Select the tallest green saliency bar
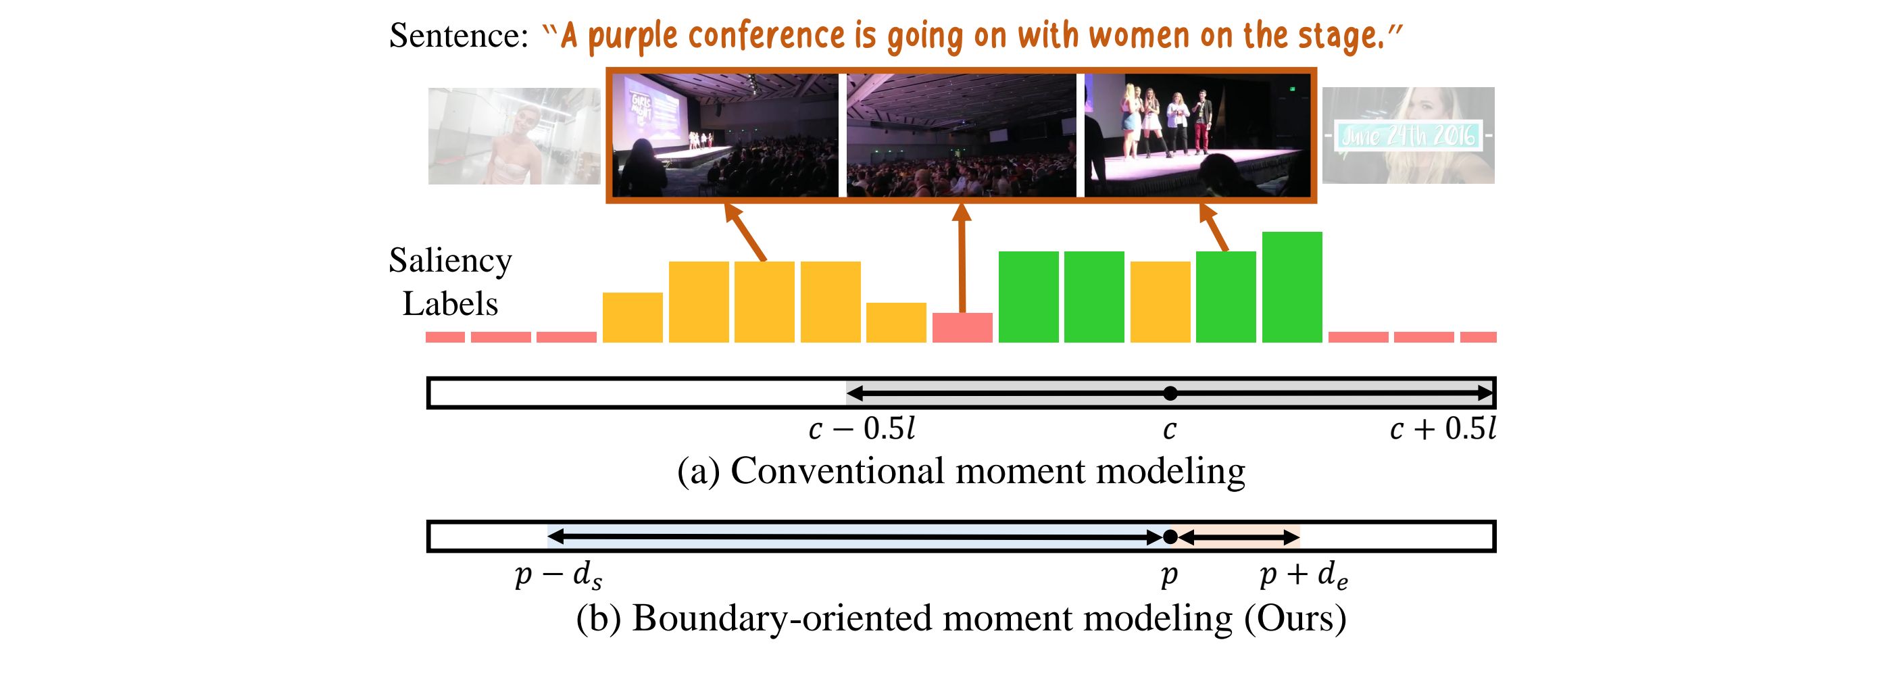tap(1291, 287)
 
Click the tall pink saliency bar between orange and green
tap(962, 328)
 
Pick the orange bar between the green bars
tap(1160, 302)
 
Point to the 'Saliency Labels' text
tap(450, 282)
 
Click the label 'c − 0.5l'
tap(862, 429)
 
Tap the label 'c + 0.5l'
tap(1442, 429)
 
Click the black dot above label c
tap(1170, 393)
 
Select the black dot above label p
tap(1170, 538)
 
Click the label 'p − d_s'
tap(559, 576)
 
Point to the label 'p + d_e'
tap(1304, 576)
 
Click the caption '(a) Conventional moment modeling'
tap(961, 470)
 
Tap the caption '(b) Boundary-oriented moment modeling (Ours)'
tap(961, 618)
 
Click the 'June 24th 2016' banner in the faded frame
tap(1408, 136)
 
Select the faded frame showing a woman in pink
tap(514, 136)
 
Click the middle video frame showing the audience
tap(961, 135)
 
